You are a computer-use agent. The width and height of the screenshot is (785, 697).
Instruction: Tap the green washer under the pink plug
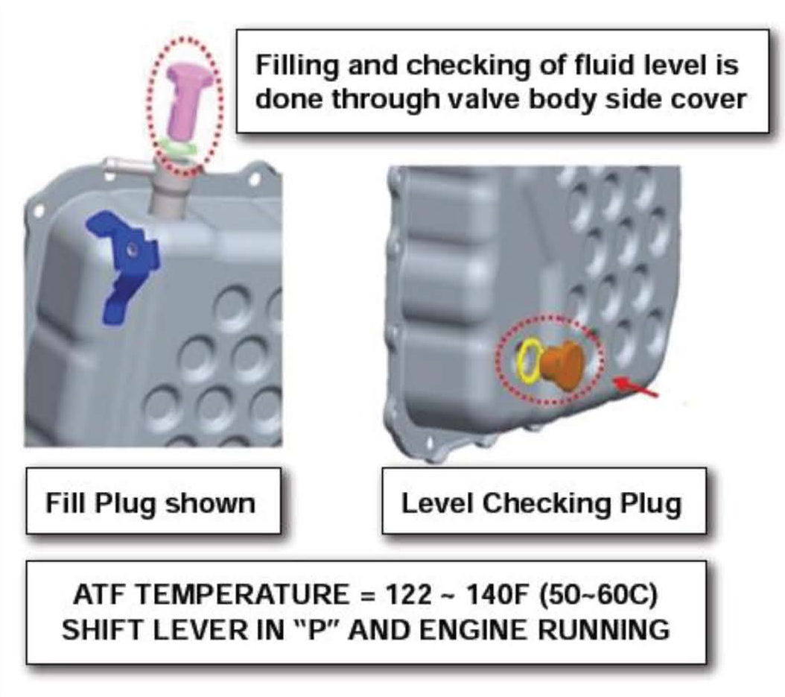click(178, 148)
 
